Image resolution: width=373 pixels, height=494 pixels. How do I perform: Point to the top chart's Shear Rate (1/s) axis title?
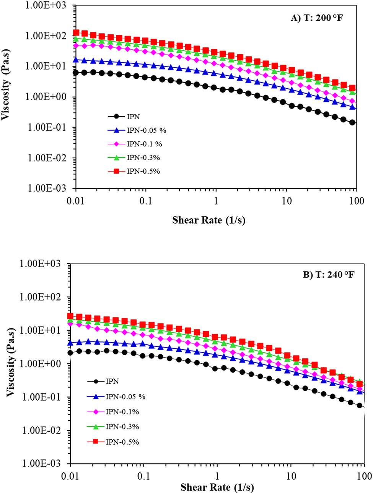tap(208, 220)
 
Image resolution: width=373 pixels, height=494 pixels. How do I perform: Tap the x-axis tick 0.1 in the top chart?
tap(146, 200)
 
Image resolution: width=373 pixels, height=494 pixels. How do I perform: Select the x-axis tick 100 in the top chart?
tap(357, 200)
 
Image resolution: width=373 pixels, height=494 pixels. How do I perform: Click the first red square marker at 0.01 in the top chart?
tap(76, 32)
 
